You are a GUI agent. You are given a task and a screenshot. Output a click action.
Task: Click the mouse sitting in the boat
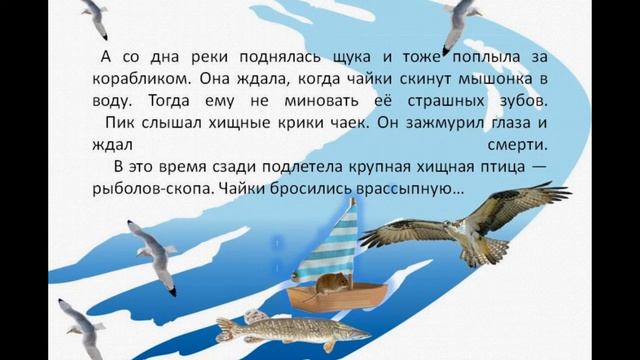click(x=324, y=284)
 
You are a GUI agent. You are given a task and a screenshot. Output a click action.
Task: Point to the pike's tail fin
click(x=222, y=329)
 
